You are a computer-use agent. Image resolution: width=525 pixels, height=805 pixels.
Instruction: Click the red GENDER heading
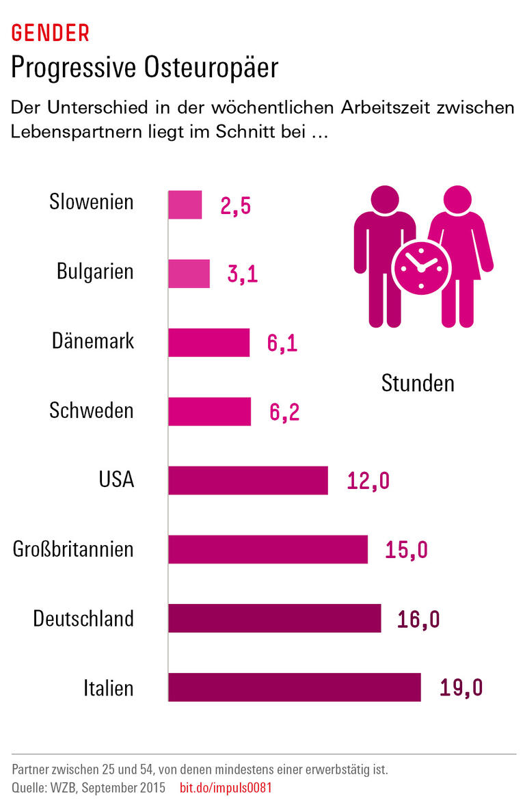50,32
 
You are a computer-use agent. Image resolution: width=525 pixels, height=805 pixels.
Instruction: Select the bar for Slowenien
185,204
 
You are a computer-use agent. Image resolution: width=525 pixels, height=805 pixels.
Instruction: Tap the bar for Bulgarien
189,274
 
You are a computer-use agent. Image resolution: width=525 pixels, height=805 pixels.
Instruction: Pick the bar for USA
248,480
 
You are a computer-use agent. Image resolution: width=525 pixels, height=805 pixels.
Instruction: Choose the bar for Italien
295,687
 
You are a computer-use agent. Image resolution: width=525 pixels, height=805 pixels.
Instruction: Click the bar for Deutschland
275,618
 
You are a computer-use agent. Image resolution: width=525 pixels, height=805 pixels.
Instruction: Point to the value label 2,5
236,206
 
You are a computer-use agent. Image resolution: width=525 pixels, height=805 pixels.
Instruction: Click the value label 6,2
284,412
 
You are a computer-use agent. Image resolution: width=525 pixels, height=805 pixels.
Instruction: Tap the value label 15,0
407,550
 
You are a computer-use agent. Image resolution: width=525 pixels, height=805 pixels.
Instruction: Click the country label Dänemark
93,341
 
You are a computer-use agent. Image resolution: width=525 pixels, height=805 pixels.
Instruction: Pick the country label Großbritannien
74,549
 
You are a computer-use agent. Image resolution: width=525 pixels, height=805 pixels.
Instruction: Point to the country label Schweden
92,410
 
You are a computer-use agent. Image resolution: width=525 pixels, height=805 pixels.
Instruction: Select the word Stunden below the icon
418,383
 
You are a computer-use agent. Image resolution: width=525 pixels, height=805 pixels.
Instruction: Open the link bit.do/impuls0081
226,788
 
